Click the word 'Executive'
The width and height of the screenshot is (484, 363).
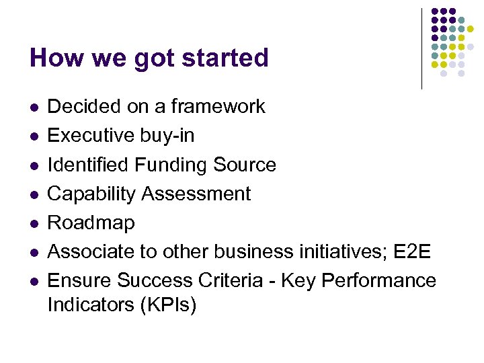(x=91, y=136)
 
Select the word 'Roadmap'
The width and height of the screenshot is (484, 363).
(x=91, y=223)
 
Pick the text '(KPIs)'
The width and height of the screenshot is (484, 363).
(x=168, y=305)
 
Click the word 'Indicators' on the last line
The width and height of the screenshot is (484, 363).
(x=90, y=305)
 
